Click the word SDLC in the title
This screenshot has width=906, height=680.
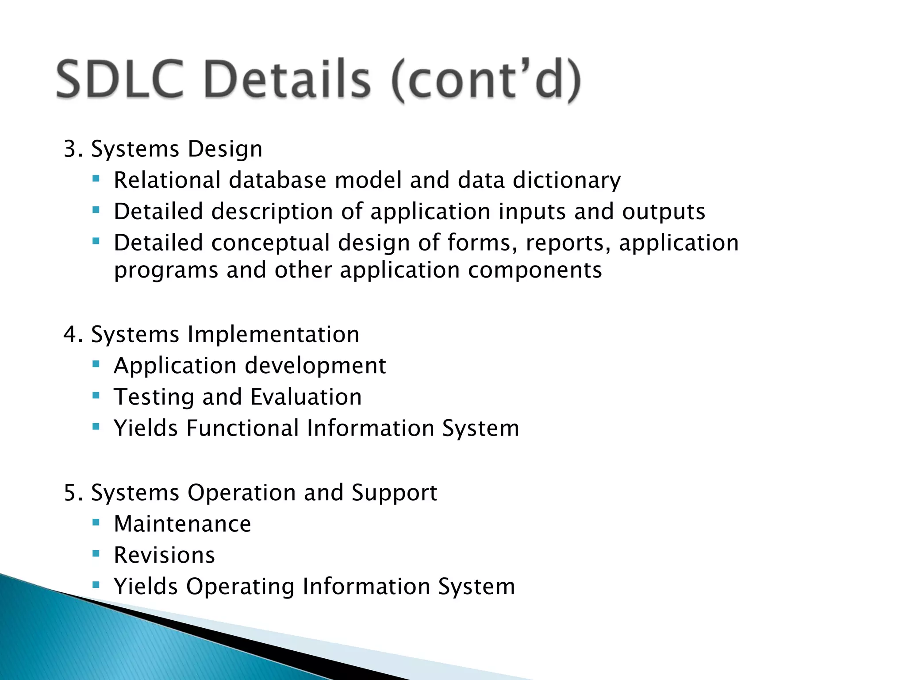[119, 80]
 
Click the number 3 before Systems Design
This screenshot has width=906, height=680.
[71, 149]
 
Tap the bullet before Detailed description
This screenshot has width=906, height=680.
[96, 210]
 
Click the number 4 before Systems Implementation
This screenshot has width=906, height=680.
[71, 334]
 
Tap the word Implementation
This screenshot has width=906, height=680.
[273, 335]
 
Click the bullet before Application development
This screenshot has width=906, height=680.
[96, 364]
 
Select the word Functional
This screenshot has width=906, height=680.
[242, 428]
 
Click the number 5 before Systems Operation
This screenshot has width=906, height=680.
[71, 493]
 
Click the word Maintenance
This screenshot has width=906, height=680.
[182, 524]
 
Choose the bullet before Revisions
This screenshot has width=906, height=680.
[96, 554]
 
